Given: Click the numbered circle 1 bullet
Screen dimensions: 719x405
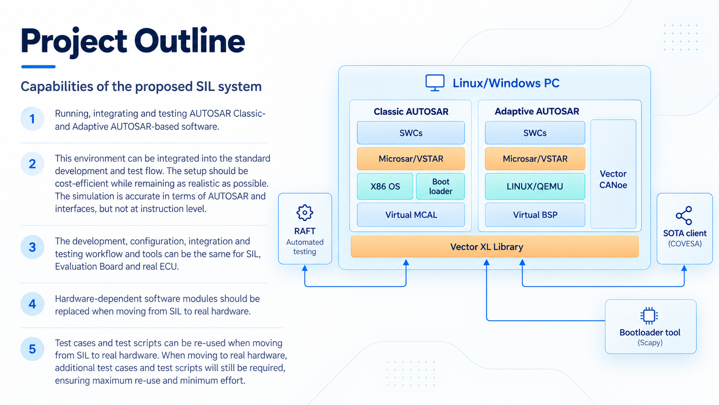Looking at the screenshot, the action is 32,119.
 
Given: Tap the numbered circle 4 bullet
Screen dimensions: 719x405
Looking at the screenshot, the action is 32,304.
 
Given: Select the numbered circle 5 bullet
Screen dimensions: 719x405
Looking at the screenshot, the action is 32,349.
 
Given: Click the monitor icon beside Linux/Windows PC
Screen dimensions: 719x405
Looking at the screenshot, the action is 435,83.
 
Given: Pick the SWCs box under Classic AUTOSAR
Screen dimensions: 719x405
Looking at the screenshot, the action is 411,133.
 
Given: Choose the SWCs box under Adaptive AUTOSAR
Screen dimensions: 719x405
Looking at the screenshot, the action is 535,133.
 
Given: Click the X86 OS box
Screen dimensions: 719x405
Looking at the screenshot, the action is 385,186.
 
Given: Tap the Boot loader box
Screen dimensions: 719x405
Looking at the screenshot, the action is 440,186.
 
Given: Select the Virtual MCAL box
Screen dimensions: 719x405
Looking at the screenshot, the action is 411,214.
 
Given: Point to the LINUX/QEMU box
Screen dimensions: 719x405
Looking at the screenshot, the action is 535,186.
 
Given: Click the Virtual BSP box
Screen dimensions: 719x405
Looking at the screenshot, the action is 535,214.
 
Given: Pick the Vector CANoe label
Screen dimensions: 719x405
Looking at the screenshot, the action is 613,179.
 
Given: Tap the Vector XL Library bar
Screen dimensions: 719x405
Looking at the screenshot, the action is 495,247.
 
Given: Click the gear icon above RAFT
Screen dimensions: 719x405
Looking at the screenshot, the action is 304,213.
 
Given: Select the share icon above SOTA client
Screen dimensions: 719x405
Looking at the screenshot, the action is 684,216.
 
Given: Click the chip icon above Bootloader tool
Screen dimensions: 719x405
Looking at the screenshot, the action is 649,315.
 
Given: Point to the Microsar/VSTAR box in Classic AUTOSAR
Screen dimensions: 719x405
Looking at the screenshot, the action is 411,159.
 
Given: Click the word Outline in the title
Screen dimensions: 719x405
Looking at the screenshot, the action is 189,41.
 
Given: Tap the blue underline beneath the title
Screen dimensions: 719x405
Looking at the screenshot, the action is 39,67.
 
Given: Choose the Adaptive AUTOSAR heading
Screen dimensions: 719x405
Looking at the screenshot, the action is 537,111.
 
